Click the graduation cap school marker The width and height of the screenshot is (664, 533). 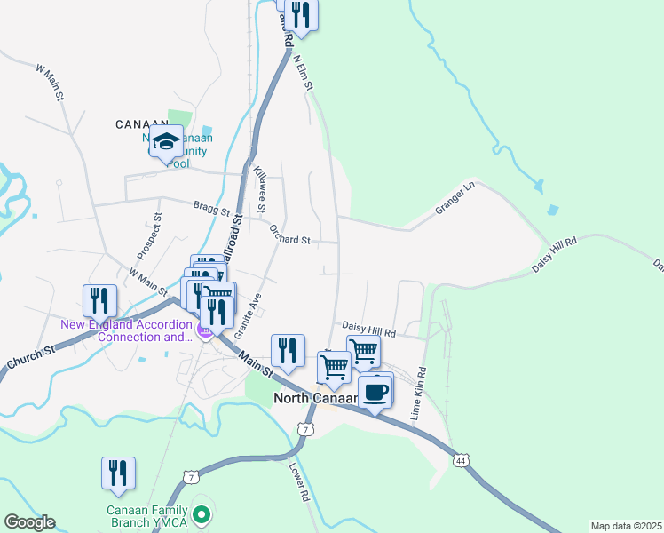pyautogui.click(x=166, y=141)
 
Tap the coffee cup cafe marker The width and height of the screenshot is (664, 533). pyautogui.click(x=375, y=390)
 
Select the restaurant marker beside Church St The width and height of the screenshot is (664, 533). pyautogui.click(x=99, y=301)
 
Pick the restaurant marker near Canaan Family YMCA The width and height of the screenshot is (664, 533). pyautogui.click(x=118, y=474)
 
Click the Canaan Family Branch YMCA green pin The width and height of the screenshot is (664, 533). pyautogui.click(x=202, y=513)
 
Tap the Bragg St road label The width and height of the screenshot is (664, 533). pyautogui.click(x=211, y=210)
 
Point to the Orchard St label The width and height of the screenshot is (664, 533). pyautogui.click(x=289, y=235)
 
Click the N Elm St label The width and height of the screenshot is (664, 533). pyautogui.click(x=304, y=70)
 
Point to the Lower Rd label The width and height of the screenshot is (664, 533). pyautogui.click(x=298, y=482)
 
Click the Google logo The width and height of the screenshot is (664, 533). pyautogui.click(x=29, y=522)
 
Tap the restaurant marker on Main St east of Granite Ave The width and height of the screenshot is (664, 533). pyautogui.click(x=287, y=351)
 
